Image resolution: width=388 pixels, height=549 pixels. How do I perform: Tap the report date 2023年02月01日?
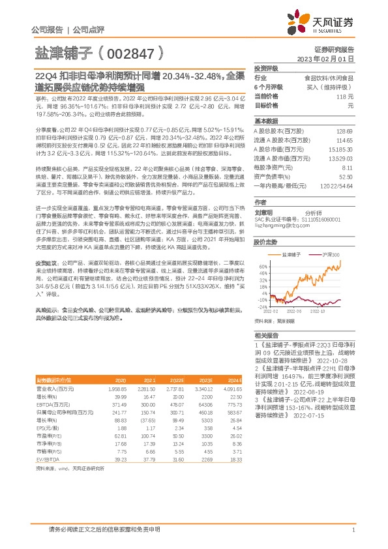pyautogui.click(x=325, y=59)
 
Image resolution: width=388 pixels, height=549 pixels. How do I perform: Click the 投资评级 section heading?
pyautogui.click(x=266, y=68)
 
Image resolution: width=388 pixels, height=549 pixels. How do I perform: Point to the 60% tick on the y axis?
pyautogui.click(x=263, y=248)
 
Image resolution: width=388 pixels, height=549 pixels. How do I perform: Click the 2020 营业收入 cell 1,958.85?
pyautogui.click(x=117, y=389)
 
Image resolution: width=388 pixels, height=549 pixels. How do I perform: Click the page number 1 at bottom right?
pyautogui.click(x=353, y=530)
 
